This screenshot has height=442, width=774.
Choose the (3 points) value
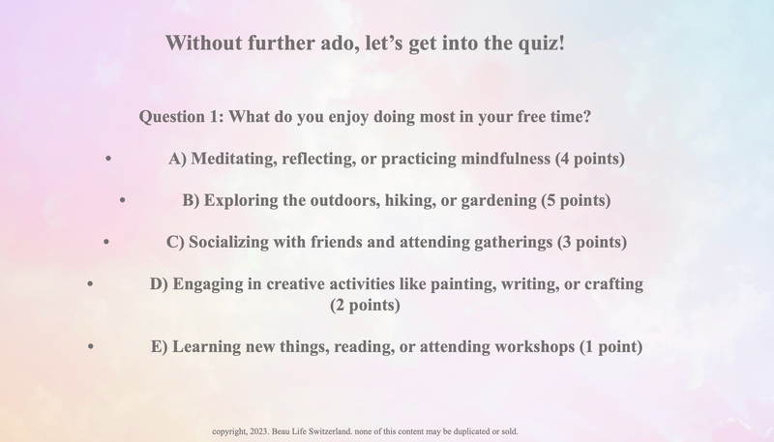pos(593,243)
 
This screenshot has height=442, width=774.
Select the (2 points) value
pos(365,306)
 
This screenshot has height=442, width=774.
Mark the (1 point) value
pos(610,347)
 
